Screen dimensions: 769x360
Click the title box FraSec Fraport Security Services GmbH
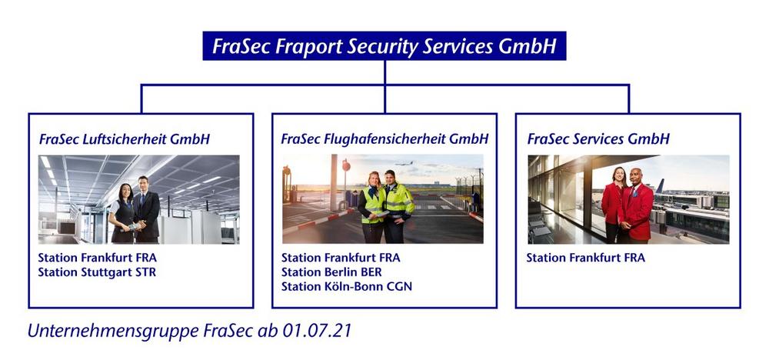pos(384,46)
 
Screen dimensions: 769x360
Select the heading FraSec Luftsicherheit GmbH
pos(124,139)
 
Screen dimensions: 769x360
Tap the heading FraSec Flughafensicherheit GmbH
pos(384,139)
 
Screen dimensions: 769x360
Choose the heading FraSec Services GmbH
pos(598,139)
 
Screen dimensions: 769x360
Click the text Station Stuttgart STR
pos(97,272)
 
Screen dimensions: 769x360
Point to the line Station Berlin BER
pos(331,272)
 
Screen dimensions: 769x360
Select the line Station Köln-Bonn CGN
pos(347,286)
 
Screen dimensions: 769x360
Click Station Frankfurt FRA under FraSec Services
pos(585,258)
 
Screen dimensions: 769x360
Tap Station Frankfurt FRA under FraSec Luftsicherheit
pos(98,258)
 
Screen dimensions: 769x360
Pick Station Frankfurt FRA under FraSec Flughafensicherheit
pos(341,258)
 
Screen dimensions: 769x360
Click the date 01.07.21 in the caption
pos(317,331)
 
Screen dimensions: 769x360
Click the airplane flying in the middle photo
pos(404,163)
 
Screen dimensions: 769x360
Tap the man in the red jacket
pos(637,206)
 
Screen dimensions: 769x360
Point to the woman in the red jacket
pos(613,206)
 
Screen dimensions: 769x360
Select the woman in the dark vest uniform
pos(122,214)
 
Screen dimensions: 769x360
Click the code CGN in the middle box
pos(399,286)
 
